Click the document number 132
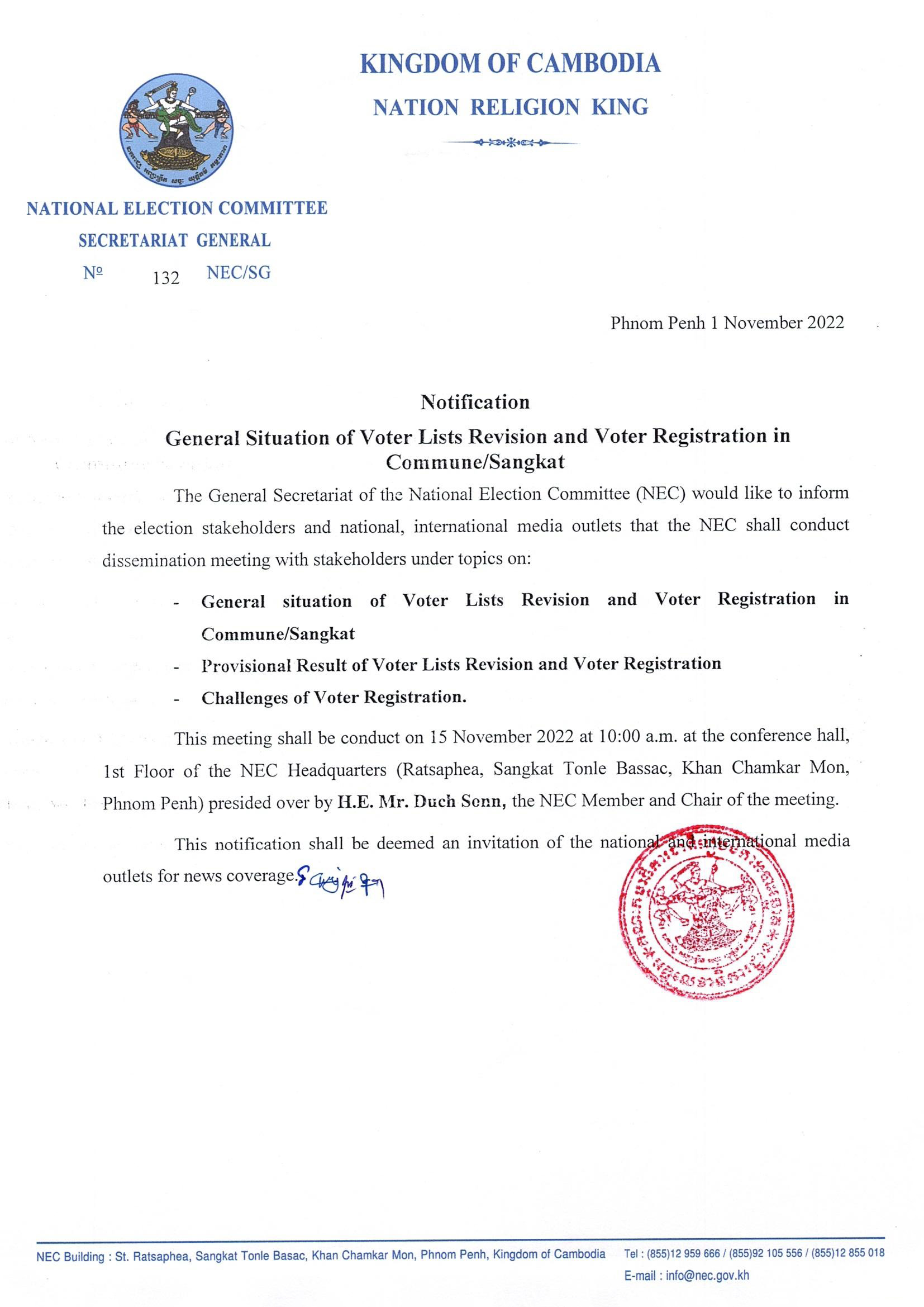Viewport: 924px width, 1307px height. [x=166, y=278]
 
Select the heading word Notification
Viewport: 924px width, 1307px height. [x=475, y=402]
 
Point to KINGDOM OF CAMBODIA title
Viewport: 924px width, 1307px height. [x=511, y=63]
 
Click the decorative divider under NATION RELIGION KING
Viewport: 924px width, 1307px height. [x=511, y=142]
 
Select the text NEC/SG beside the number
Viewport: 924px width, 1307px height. [x=239, y=273]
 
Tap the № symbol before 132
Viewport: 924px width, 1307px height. [x=93, y=273]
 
